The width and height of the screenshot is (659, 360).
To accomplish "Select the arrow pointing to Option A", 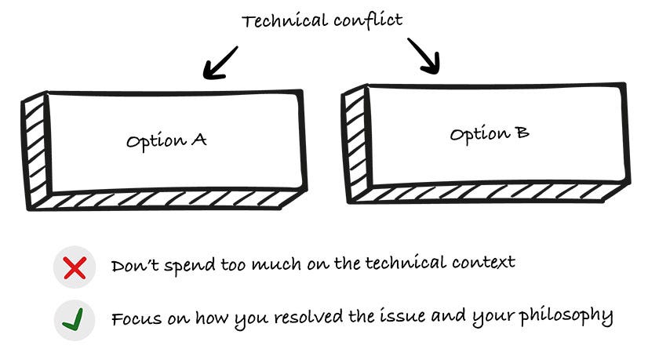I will click(x=220, y=62).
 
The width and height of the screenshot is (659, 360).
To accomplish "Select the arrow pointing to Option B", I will click(x=424, y=56).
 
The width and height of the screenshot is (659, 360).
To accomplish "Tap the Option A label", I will click(x=166, y=141).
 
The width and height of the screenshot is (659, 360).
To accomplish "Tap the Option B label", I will click(x=489, y=133).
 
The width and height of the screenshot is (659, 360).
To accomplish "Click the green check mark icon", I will click(x=75, y=320).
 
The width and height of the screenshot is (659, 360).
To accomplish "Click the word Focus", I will click(x=133, y=319).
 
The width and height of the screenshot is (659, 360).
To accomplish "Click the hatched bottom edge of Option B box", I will click(x=486, y=192).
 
